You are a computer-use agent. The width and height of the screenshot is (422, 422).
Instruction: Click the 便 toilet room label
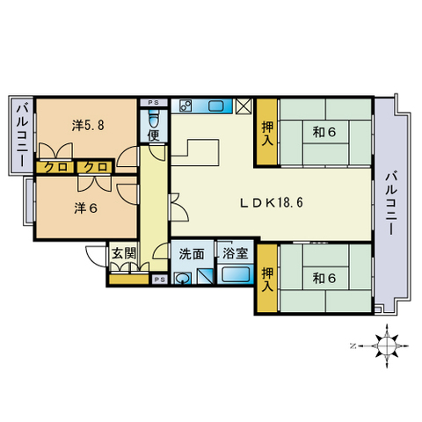(x=154, y=136)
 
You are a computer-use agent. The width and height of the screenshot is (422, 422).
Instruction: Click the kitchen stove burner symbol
(x=186, y=106)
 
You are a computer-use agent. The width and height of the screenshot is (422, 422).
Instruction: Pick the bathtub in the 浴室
(x=235, y=275)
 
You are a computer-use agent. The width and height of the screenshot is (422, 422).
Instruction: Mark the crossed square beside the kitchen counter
(x=244, y=106)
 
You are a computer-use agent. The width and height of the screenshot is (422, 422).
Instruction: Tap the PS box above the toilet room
(x=155, y=102)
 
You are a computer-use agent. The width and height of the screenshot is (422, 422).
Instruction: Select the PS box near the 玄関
(x=159, y=280)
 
